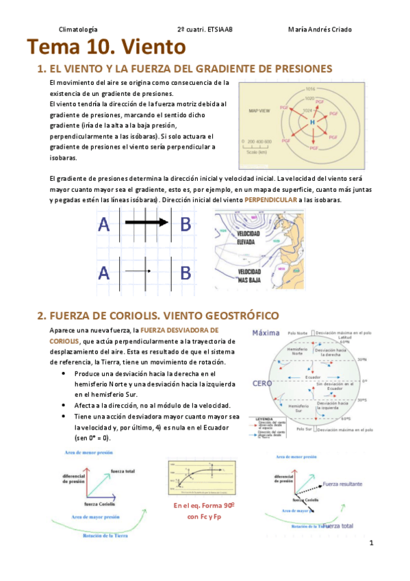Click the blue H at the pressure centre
tap(312, 121)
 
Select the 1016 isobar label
tap(310, 88)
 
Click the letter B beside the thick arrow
tap(185, 224)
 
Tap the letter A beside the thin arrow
tap(104, 273)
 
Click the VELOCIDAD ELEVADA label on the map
tap(246, 238)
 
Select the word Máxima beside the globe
tap(267, 334)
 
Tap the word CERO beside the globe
tap(263, 384)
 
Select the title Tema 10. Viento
tap(106, 47)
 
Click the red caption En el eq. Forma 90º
tap(205, 506)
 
